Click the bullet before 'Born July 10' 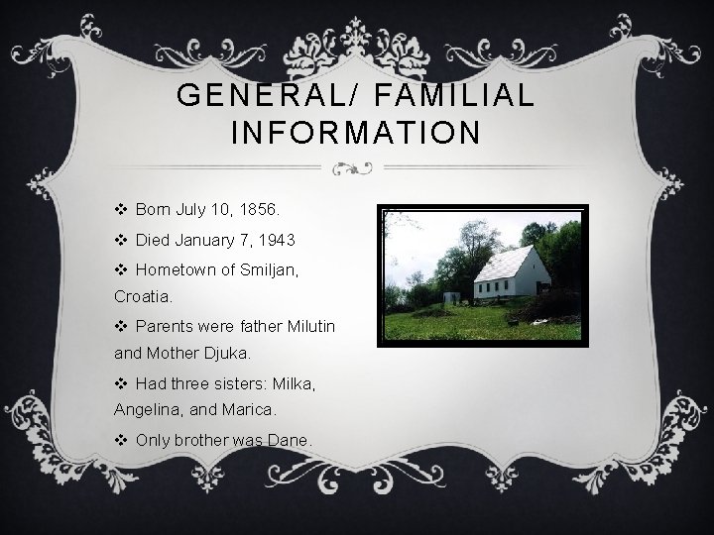pos(121,211)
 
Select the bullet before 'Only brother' pos(121,439)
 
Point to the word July pos(192,211)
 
